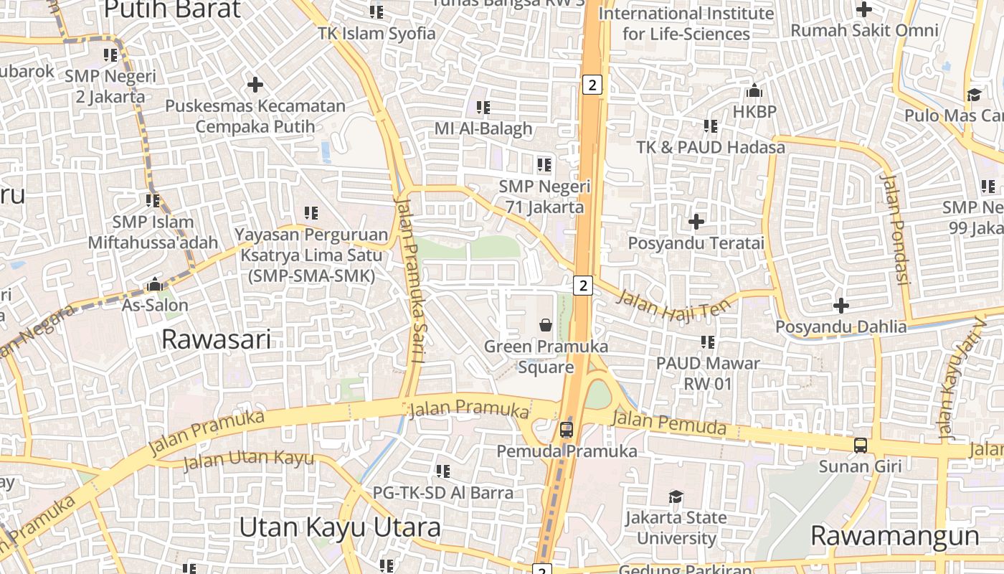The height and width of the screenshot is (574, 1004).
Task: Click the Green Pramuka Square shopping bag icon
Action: (546, 325)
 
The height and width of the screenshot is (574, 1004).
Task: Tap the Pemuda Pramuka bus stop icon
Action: (566, 430)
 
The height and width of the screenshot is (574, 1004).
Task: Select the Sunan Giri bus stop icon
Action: (861, 445)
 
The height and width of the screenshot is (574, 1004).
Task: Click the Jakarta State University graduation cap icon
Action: (676, 497)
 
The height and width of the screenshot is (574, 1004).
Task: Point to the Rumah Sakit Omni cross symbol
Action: (864, 9)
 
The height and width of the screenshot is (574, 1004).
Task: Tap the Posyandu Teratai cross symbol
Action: (696, 222)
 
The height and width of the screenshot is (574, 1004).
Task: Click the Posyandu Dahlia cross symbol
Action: (840, 306)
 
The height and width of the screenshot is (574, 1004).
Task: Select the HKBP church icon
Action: (754, 91)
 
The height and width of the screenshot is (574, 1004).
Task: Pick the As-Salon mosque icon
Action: (154, 284)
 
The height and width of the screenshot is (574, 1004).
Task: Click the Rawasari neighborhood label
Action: (216, 339)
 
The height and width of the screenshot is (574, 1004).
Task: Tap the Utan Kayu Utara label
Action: (339, 527)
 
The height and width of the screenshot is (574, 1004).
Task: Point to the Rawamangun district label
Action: (894, 536)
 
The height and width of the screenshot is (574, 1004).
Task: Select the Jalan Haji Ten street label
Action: (673, 305)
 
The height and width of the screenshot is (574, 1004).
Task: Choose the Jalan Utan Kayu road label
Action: (248, 460)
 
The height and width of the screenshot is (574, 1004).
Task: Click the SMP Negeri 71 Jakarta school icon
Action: (544, 165)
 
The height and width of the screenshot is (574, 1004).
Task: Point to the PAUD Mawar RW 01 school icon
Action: (708, 342)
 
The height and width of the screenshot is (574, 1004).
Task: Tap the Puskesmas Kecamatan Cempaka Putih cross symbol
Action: (255, 85)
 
